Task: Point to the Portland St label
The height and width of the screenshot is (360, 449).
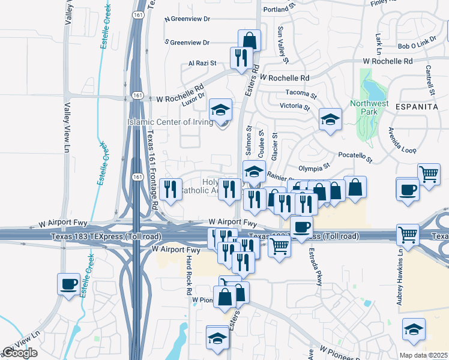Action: click(x=280, y=10)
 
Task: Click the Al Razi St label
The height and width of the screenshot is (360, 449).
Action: click(x=205, y=63)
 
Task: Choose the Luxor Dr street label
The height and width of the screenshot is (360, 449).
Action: click(x=194, y=95)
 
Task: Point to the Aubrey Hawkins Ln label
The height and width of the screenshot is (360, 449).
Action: click(x=399, y=283)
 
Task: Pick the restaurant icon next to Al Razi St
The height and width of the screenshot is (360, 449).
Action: click(x=240, y=58)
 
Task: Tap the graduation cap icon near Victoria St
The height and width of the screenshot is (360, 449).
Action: click(x=330, y=119)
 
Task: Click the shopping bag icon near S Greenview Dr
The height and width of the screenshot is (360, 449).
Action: click(x=249, y=41)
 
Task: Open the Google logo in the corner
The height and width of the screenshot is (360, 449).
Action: click(x=20, y=353)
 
